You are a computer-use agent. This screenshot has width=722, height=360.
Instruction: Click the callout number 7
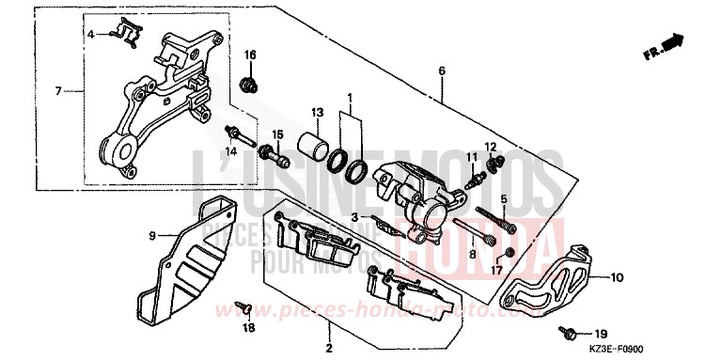(x=57, y=91)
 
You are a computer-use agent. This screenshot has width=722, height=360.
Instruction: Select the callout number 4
(x=92, y=35)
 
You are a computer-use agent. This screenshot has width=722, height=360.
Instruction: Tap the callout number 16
(x=251, y=53)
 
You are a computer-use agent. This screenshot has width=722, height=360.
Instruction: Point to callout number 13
(x=317, y=112)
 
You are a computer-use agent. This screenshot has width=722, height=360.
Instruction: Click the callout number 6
(x=440, y=71)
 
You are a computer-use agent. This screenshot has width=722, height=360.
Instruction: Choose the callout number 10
(x=618, y=277)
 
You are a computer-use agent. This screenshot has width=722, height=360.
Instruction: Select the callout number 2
(x=329, y=349)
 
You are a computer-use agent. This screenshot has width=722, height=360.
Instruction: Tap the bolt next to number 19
(x=570, y=332)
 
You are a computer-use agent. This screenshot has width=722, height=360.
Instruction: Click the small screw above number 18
(x=244, y=305)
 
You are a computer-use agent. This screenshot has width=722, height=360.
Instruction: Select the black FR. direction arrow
(x=669, y=42)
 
